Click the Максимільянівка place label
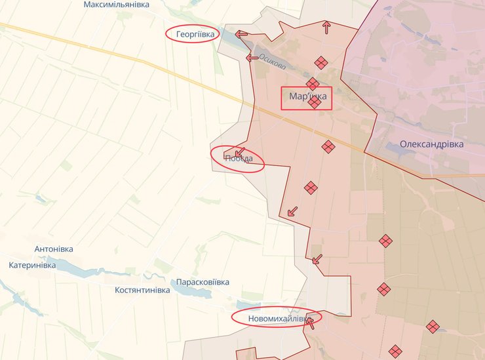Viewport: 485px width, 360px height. pyautogui.click(x=117, y=5)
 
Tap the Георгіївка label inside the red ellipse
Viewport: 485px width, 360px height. pyautogui.click(x=192, y=33)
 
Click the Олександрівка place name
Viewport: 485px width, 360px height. pyautogui.click(x=431, y=144)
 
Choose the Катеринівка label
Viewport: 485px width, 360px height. pyautogui.click(x=33, y=266)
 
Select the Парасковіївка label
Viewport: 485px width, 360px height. pyautogui.click(x=203, y=282)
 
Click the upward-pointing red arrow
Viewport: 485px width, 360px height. pyautogui.click(x=326, y=27)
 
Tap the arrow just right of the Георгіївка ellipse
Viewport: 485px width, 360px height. pyautogui.click(x=242, y=34)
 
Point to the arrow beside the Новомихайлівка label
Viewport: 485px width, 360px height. pyautogui.click(x=310, y=322)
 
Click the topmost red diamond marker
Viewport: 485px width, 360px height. pyautogui.click(x=320, y=62)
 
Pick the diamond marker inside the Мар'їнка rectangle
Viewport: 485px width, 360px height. pyautogui.click(x=315, y=102)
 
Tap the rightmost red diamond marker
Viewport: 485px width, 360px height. pyautogui.click(x=433, y=326)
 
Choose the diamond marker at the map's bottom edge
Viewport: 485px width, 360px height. pyautogui.click(x=394, y=351)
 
